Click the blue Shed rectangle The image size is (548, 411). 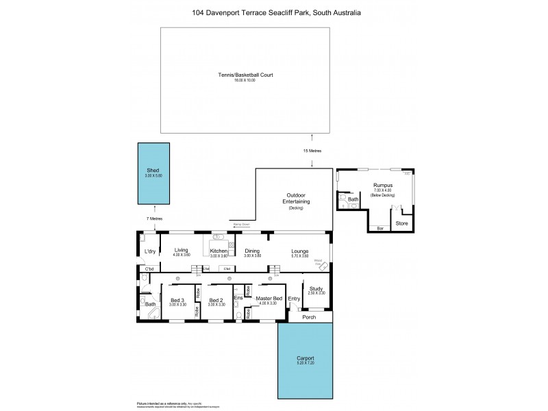click(155, 173)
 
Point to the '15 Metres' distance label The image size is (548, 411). click(312, 151)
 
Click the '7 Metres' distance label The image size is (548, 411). click(154, 219)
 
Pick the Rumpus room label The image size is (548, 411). click(382, 185)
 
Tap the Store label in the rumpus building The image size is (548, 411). click(402, 223)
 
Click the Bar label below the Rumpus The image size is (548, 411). click(379, 227)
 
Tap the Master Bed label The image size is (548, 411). click(269, 299)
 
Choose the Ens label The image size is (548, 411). click(238, 299)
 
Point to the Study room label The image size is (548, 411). click(316, 288)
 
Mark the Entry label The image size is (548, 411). click(294, 299)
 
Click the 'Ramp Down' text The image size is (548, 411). click(241, 224)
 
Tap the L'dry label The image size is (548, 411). click(150, 251)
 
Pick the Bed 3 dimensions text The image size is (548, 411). click(177, 303)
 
